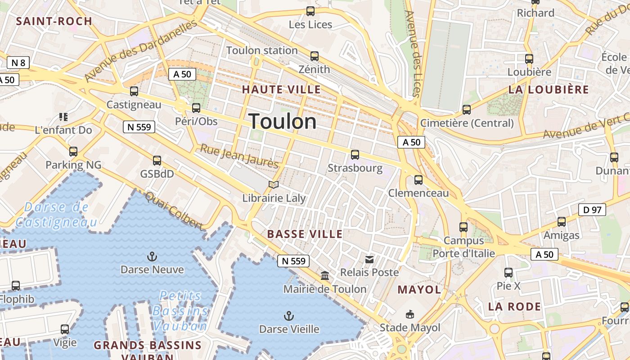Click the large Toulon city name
[283, 121]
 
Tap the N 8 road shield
[18, 63]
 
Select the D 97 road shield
[592, 210]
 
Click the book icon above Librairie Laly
[274, 184]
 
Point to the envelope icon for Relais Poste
[369, 259]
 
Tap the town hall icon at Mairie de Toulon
[325, 275]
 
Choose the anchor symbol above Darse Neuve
[152, 257]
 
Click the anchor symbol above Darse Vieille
[289, 316]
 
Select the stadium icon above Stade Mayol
[410, 314]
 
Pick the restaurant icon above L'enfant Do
[63, 117]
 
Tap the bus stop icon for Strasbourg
[355, 155]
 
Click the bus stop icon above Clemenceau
[418, 180]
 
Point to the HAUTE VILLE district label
[282, 90]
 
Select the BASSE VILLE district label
[305, 234]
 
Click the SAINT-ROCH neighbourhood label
[54, 21]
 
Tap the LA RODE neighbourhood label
[515, 307]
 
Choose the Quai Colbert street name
[174, 210]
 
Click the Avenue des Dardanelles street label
[141, 50]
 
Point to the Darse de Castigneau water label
[57, 215]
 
